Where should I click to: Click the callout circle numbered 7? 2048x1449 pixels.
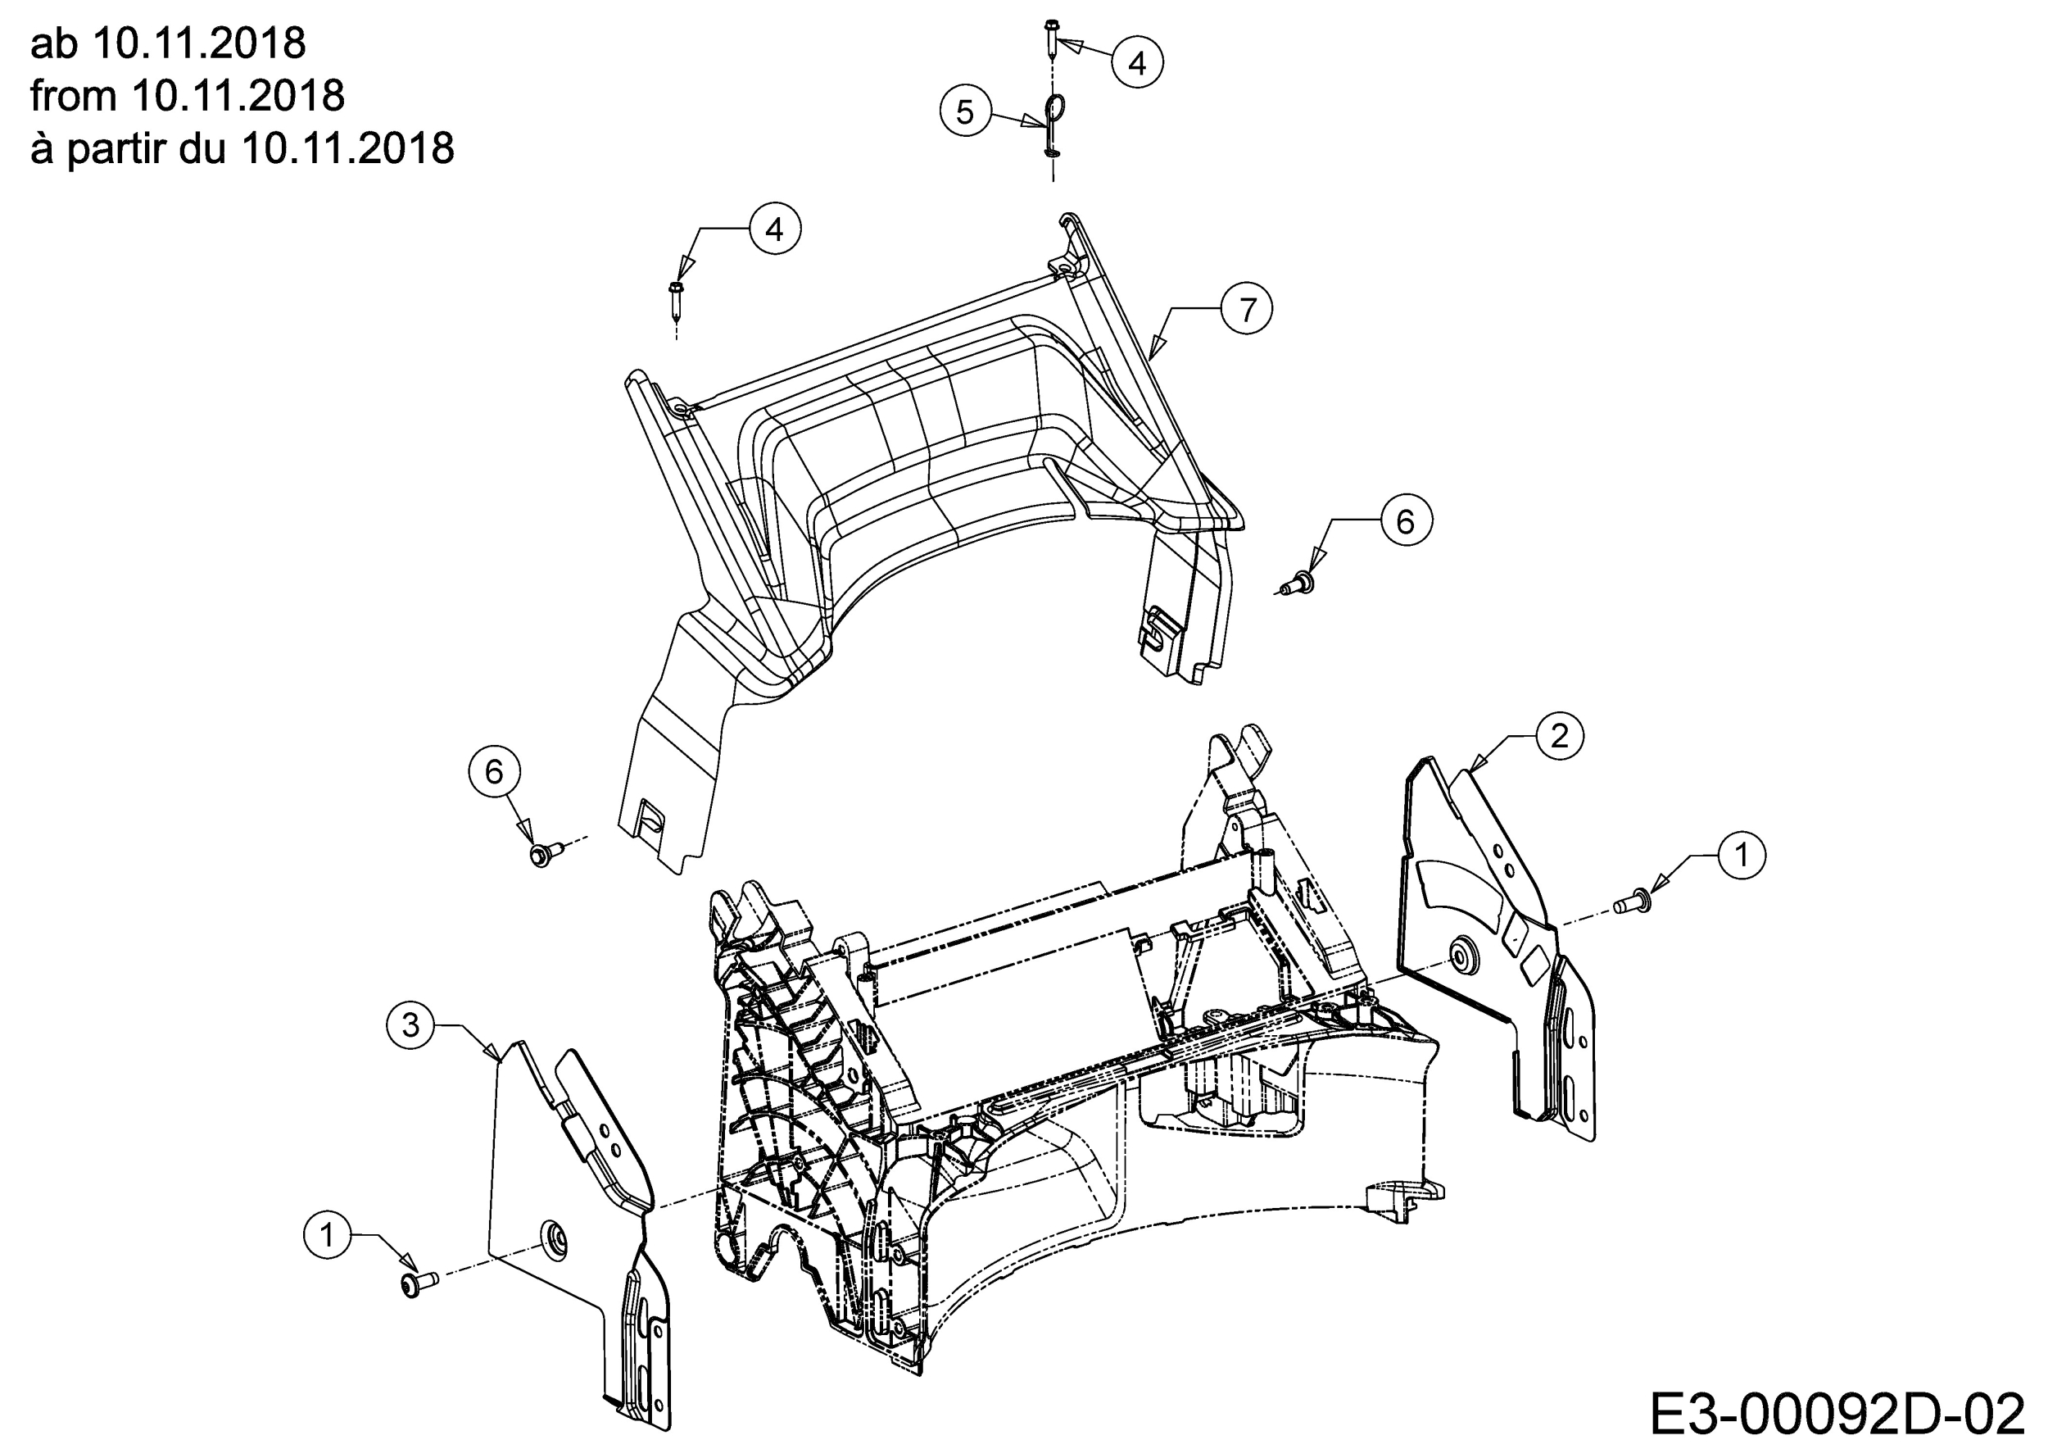[1247, 309]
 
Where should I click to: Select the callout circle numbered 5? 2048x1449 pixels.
[965, 112]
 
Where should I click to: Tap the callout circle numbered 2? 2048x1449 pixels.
[1559, 736]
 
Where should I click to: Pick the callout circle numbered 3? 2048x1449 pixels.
[411, 1025]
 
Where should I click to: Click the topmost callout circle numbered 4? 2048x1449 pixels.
[1137, 62]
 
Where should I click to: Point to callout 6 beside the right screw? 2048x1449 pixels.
[1406, 521]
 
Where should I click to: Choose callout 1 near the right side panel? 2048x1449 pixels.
[1741, 855]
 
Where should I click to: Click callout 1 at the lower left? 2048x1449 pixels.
[328, 1236]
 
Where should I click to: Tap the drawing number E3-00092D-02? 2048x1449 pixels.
[1837, 1413]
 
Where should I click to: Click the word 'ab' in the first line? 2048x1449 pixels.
[54, 43]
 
